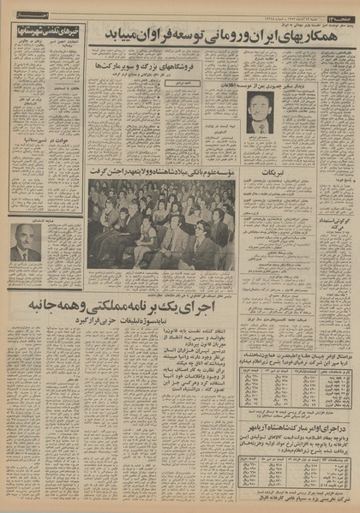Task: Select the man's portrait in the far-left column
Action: click(25, 242)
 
